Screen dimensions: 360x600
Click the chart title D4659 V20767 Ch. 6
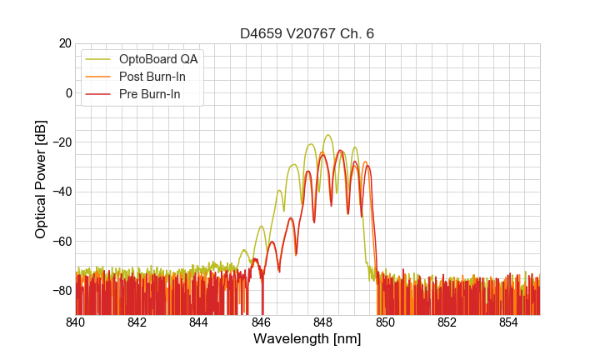[x=307, y=33]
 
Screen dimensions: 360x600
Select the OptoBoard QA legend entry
[x=158, y=59]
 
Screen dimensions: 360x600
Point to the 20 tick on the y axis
[x=63, y=43]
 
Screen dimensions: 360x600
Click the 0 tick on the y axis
[x=67, y=92]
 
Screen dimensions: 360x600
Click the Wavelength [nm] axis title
[x=307, y=340]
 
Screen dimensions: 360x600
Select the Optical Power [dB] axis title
[x=41, y=179]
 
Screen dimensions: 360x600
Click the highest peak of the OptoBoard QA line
[x=328, y=135]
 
